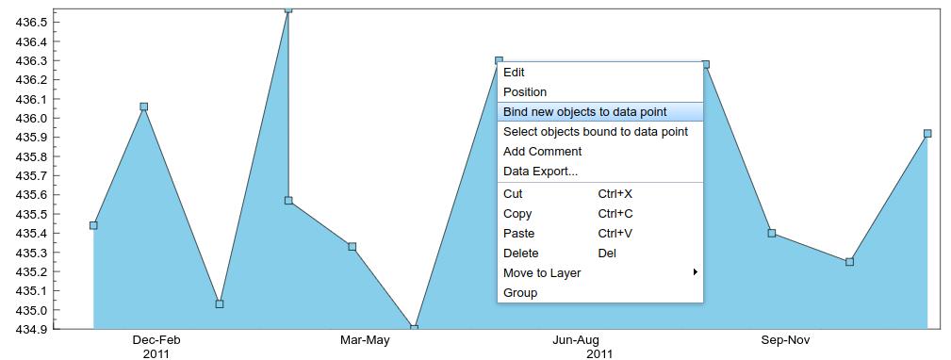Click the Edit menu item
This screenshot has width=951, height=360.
point(515,73)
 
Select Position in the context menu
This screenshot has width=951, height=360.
point(525,92)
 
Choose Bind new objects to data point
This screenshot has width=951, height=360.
point(584,112)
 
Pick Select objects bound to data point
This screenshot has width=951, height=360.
point(596,132)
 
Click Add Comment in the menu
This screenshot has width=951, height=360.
point(542,152)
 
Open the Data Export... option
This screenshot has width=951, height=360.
point(540,172)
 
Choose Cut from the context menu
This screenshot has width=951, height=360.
point(513,194)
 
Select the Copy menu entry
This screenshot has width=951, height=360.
point(517,214)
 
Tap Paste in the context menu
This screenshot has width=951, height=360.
point(518,234)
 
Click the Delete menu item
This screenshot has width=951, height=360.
point(521,254)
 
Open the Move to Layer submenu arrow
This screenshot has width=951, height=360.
point(695,272)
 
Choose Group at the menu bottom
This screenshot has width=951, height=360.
point(520,293)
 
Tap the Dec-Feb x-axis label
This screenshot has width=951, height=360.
point(156,340)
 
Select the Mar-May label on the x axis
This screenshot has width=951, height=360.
point(365,340)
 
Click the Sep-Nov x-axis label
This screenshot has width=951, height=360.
point(785,340)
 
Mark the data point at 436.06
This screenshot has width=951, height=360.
point(143,106)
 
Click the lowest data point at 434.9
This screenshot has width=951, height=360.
point(414,328)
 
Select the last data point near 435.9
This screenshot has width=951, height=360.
point(927,134)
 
